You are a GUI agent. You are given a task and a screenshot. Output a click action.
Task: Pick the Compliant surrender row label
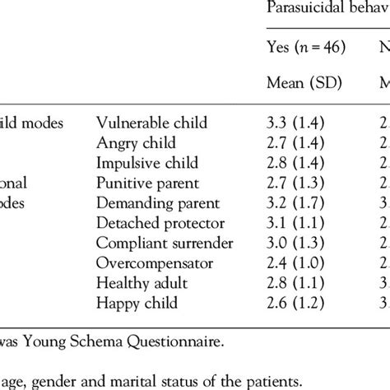pos(163,241)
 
